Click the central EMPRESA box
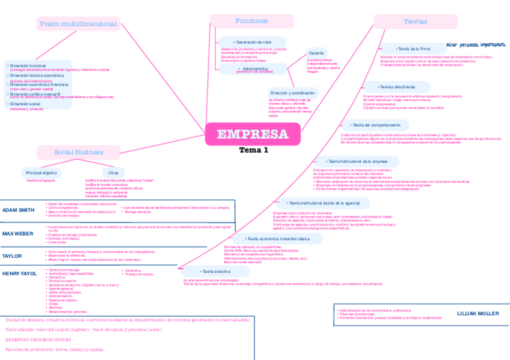(251, 134)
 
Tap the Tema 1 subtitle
(253, 150)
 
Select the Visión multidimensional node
(78, 24)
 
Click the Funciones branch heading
(251, 21)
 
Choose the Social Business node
(79, 152)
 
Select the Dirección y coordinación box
(292, 93)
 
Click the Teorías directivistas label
(396, 87)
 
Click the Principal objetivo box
(41, 172)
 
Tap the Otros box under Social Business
(113, 172)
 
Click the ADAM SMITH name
(19, 210)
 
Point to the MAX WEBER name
(19, 233)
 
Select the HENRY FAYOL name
(20, 273)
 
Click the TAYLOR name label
(12, 256)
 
